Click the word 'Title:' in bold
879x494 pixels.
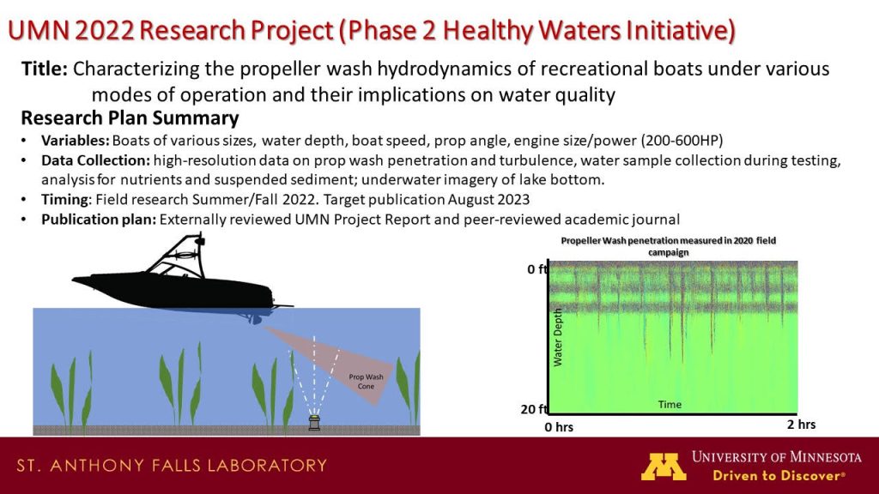45,69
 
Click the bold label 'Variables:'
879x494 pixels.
76,140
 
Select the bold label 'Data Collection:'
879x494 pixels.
95,160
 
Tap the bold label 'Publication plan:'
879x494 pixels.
99,219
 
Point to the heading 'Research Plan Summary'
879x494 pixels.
130,118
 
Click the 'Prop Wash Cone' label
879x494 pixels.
366,382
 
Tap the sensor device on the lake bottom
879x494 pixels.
314,422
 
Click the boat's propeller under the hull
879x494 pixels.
256,319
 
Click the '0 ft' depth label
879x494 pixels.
537,269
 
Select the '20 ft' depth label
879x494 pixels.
534,409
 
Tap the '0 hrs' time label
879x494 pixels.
559,427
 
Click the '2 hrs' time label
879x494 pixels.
801,425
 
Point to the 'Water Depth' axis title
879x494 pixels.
557,337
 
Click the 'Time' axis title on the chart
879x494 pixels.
670,405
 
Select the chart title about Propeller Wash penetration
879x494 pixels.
668,246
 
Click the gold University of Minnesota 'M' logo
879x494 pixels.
664,467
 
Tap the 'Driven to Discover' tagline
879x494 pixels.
779,476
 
